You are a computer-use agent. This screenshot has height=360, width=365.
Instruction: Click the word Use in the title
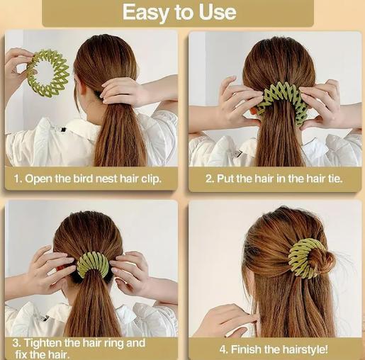pos(216,13)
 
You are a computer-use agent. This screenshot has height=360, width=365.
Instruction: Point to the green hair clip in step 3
pos(92,264)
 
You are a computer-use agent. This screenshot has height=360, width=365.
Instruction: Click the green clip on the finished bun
pos(310,257)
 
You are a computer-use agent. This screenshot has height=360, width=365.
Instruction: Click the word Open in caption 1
pos(40,179)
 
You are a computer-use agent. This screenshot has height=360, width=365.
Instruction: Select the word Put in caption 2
pos(225,179)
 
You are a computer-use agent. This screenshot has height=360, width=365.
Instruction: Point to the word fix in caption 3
pos(22,352)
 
